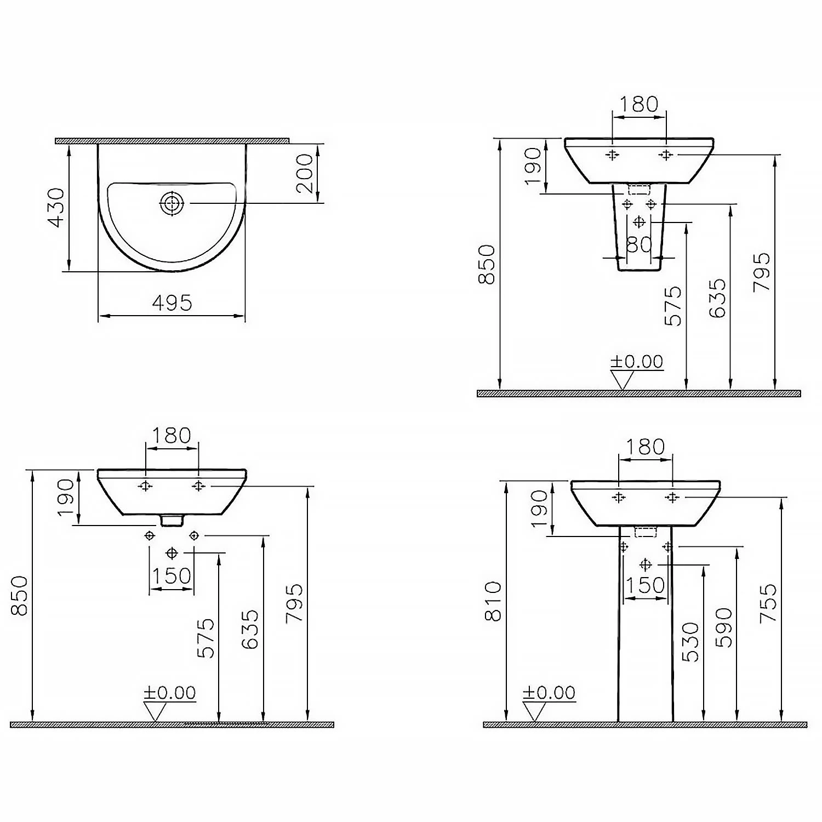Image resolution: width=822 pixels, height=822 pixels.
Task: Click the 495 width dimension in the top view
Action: coord(172,302)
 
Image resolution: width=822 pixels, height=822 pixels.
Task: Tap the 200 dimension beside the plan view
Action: coord(304,173)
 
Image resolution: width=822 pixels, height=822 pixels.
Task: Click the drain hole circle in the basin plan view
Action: coord(172,203)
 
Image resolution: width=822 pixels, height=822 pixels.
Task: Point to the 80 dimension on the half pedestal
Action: coord(639,244)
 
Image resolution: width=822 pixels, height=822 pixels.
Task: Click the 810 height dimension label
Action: coord(494,601)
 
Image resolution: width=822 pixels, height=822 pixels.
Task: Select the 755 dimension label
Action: coord(769,603)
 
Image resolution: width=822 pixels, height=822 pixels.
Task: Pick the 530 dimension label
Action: coord(692,642)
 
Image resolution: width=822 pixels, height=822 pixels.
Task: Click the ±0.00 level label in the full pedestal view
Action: coord(549,693)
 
